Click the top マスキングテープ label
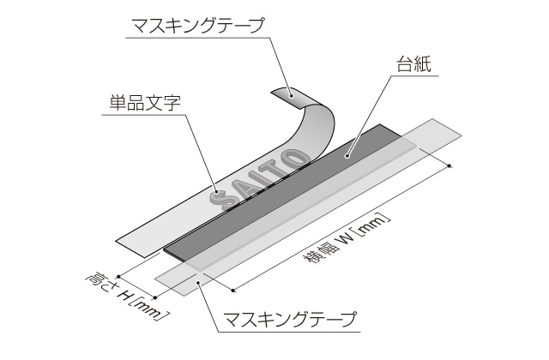(195, 27)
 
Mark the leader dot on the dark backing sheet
(347, 156)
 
